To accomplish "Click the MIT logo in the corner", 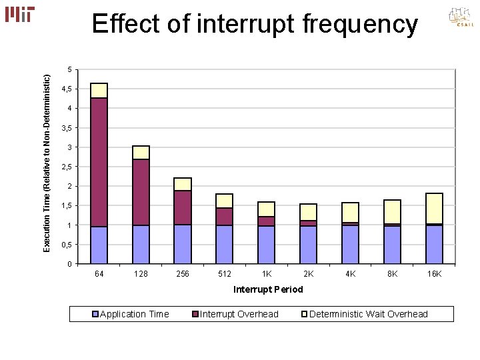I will (19, 14).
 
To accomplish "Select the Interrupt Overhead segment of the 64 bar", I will (99, 162).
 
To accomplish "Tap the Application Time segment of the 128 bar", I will (141, 244).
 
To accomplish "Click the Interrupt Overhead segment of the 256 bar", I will (183, 207).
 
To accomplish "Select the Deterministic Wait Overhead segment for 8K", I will (393, 211).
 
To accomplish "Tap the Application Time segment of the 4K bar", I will (351, 244).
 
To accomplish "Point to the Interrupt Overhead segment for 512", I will (225, 217).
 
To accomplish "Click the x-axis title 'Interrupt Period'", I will (267, 289).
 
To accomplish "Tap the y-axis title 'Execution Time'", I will (47, 163).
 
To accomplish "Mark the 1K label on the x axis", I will (267, 274).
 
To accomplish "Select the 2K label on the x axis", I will (309, 274).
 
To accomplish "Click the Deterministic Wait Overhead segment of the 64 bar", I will (99, 90).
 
